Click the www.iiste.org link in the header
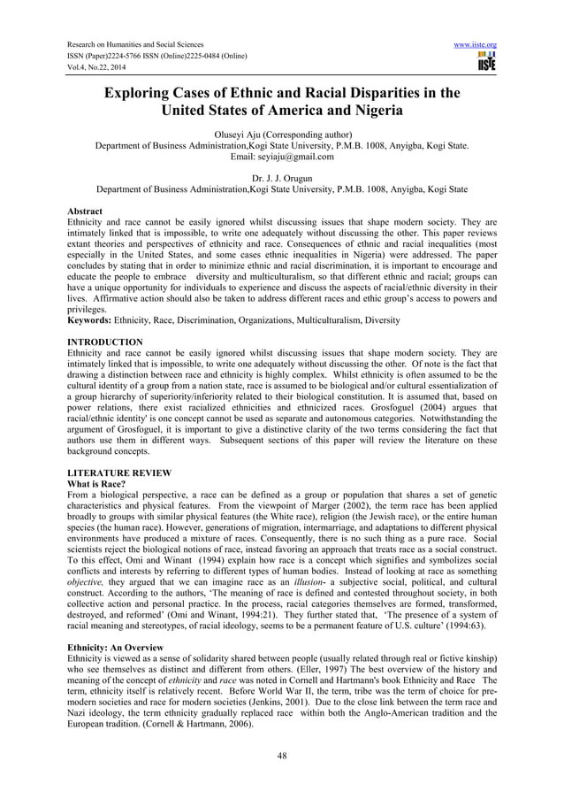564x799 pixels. pyautogui.click(x=475, y=44)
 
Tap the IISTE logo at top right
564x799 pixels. pyautogui.click(x=485, y=62)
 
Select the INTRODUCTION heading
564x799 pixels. pyautogui.click(x=105, y=342)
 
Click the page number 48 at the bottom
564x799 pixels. pyautogui.click(x=282, y=755)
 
